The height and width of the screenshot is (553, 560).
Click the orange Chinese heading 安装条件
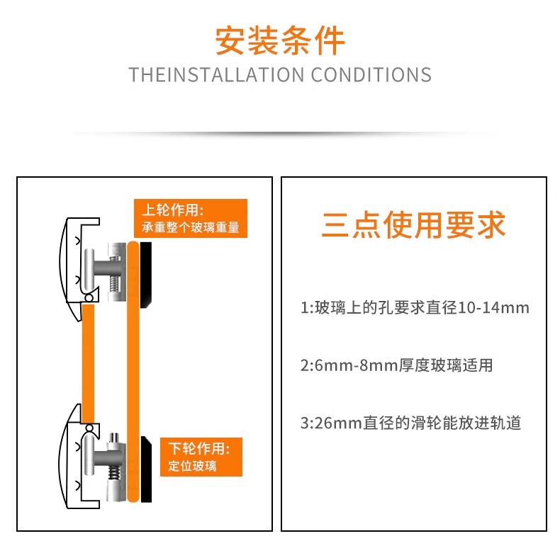click(x=280, y=40)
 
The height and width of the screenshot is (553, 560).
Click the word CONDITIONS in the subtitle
click(x=371, y=75)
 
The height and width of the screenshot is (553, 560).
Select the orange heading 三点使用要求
click(x=413, y=224)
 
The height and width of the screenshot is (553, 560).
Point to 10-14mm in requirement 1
click(x=493, y=307)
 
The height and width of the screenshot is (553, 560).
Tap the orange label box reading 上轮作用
click(x=191, y=218)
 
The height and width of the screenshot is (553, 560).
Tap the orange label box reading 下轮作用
click(x=201, y=457)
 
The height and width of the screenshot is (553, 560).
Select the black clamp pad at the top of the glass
click(x=146, y=275)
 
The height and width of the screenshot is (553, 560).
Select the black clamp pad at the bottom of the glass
click(x=147, y=469)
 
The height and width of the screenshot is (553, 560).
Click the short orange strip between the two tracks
click(x=88, y=363)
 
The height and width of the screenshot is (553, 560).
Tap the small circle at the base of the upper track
click(x=89, y=297)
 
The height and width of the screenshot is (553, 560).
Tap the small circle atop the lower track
click(x=89, y=428)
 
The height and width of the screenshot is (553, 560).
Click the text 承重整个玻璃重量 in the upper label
click(x=191, y=227)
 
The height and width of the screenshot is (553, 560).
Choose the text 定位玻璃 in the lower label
click(x=192, y=466)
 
